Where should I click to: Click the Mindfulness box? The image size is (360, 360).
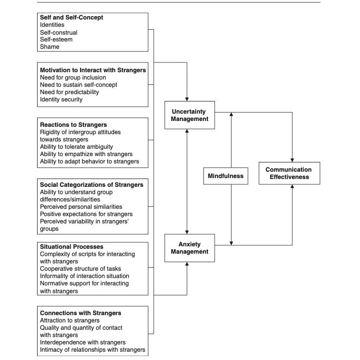[225, 176]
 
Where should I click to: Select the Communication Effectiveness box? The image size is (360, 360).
[289, 173]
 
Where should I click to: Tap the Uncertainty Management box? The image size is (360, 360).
[189, 115]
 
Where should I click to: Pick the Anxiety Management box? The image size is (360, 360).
[189, 248]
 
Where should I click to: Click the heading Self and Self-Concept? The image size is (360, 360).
[71, 18]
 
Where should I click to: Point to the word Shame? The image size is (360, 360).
[49, 47]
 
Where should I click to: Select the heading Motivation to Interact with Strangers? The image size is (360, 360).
[93, 70]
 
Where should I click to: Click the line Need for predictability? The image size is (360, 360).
[69, 92]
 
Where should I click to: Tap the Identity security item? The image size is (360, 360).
[61, 100]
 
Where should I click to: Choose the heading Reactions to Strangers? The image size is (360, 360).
[73, 125]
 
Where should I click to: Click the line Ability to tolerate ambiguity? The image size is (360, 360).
[76, 146]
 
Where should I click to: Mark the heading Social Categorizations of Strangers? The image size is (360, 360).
[92, 185]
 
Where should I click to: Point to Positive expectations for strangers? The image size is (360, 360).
[86, 214]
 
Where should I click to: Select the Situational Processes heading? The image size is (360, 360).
[71, 247]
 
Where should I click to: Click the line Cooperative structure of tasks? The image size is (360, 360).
[80, 269]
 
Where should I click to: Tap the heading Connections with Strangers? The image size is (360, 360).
[80, 313]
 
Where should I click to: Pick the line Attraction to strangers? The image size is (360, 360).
[70, 320]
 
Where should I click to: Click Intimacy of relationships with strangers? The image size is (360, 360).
[92, 350]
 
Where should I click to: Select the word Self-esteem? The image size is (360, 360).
[56, 40]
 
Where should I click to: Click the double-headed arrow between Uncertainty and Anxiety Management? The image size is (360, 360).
[187, 181]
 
